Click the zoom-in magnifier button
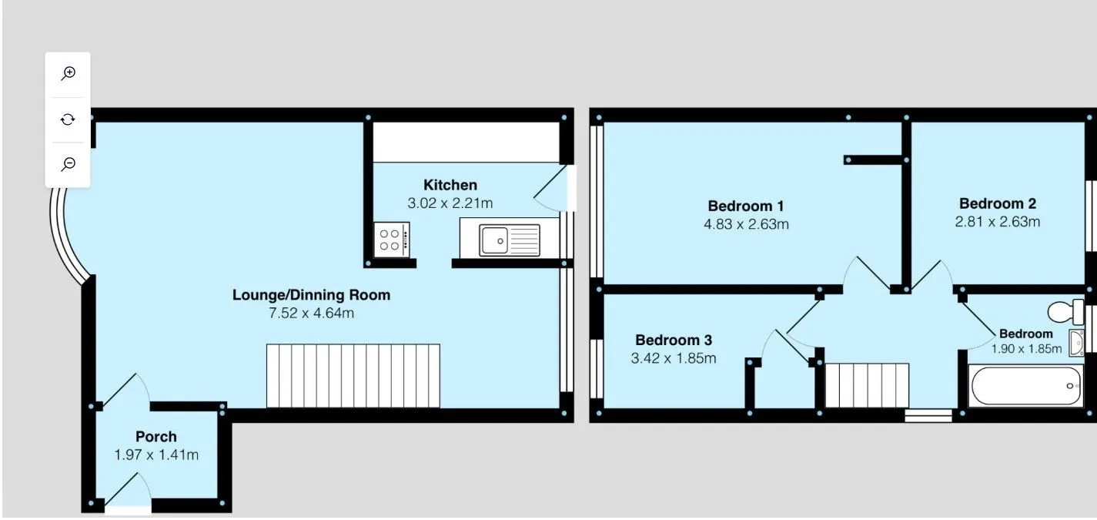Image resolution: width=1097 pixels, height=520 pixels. click(x=68, y=73)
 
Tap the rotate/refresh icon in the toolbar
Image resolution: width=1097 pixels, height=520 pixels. click(x=68, y=119)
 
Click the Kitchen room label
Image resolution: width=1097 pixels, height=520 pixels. click(x=450, y=185)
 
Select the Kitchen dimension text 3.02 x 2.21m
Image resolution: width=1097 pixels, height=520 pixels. click(x=450, y=203)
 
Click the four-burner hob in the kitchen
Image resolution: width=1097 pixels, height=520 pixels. click(x=392, y=240)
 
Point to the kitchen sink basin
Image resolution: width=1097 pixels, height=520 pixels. click(x=493, y=240)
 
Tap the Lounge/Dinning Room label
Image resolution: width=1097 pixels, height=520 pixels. click(x=311, y=294)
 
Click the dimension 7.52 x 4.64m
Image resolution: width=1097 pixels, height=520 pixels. click(x=311, y=313)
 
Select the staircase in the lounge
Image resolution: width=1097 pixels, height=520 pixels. click(x=353, y=376)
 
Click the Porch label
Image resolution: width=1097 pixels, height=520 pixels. click(x=156, y=436)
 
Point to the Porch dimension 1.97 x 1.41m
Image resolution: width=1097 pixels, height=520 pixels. click(x=156, y=455)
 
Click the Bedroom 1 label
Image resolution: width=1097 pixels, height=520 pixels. click(x=746, y=206)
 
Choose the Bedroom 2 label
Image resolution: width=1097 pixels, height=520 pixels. click(x=997, y=203)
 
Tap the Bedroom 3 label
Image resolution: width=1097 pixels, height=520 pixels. click(x=674, y=340)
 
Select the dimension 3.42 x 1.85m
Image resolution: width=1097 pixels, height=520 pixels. click(x=674, y=358)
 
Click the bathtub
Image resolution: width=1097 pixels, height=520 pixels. click(x=1025, y=385)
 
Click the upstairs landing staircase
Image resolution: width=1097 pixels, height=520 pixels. click(x=867, y=385)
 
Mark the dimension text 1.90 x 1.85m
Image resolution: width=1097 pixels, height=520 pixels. click(x=1026, y=349)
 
